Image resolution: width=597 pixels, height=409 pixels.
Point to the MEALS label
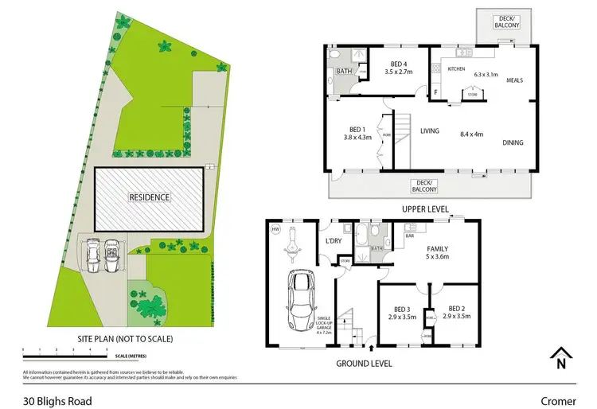513,80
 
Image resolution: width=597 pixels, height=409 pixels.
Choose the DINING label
513,142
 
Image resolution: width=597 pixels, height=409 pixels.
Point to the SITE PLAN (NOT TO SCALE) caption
125,338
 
